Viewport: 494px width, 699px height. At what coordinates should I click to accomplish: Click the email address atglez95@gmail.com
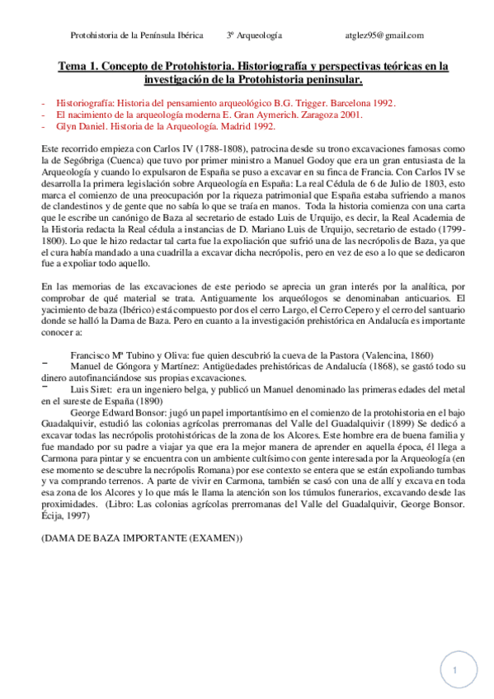pyautogui.click(x=384, y=35)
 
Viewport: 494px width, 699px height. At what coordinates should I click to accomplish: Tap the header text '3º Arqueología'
pyautogui.click(x=254, y=35)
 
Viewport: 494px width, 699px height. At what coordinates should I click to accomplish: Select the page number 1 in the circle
pyautogui.click(x=454, y=671)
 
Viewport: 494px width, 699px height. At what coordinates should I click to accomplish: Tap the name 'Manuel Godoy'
pyautogui.click(x=285, y=159)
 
